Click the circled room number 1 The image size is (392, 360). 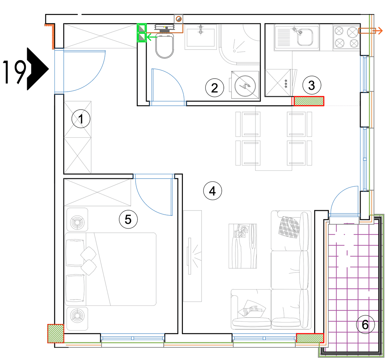(81, 119)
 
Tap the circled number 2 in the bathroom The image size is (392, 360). (215, 88)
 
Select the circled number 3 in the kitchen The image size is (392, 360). (312, 85)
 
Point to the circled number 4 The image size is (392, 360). (212, 191)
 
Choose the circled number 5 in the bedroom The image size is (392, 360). (128, 219)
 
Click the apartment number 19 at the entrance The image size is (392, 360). (14, 72)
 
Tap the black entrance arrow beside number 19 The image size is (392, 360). (38, 69)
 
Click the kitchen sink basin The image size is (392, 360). (305, 37)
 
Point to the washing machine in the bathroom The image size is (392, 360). (245, 85)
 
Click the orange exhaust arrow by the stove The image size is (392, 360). (370, 31)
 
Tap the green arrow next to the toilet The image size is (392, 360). (152, 37)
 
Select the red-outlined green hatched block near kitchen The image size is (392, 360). (309, 101)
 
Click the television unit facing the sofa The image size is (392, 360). (192, 256)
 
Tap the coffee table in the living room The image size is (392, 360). (242, 246)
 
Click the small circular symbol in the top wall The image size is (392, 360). (179, 19)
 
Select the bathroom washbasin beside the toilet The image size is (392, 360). (201, 37)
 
